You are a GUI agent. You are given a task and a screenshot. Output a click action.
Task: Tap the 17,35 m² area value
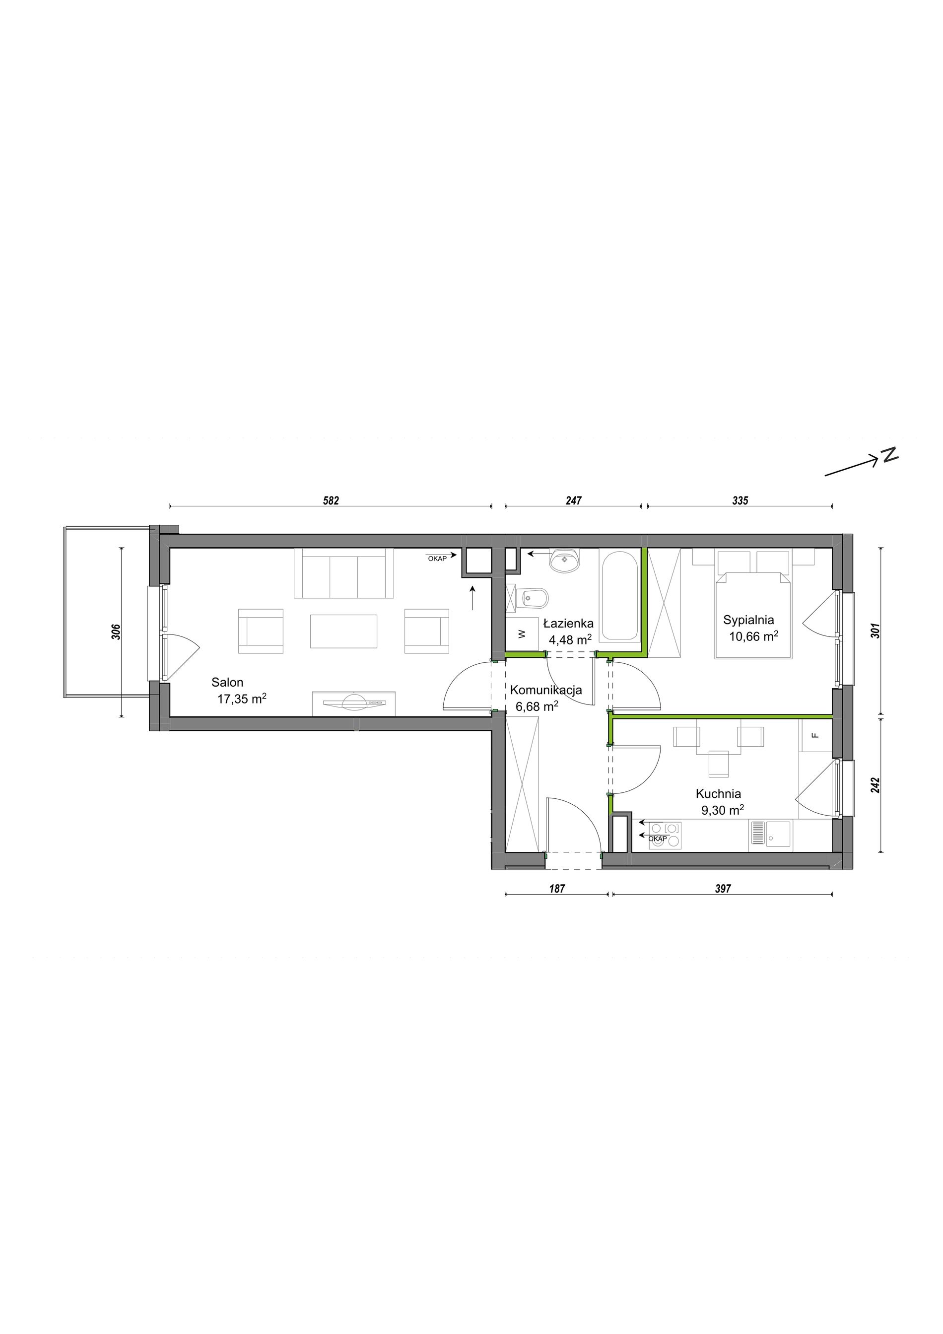[x=242, y=699]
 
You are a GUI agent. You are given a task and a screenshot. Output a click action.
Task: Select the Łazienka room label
[x=568, y=624]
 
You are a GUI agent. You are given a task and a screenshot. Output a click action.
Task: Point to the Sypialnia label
[x=748, y=620]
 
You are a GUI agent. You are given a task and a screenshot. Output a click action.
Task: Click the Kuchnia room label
[x=718, y=794]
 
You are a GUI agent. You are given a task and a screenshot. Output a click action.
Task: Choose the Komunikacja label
[x=546, y=690]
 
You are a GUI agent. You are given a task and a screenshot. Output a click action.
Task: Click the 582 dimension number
[x=331, y=500]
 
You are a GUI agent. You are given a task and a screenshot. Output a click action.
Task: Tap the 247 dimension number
[x=573, y=500]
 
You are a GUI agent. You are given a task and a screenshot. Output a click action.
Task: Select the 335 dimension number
[x=741, y=500]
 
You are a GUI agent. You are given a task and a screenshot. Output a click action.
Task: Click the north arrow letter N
[x=889, y=455]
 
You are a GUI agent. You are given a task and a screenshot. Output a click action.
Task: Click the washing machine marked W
[x=522, y=633]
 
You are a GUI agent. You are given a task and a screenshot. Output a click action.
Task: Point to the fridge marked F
[x=816, y=735]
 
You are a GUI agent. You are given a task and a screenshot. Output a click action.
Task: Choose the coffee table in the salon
[x=344, y=631]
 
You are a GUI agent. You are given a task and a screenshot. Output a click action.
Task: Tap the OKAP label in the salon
[x=437, y=559]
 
